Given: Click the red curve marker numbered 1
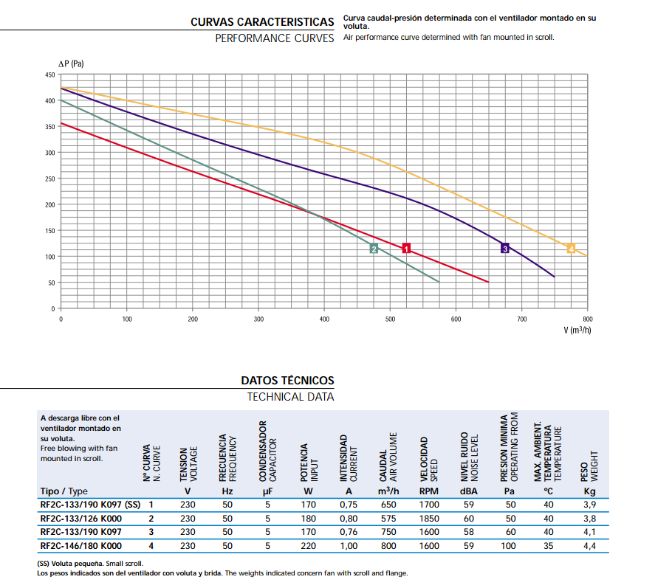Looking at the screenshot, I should coord(406,248).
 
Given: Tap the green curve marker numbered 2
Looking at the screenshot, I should coord(374,249).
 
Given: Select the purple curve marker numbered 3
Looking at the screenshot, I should coord(505,248).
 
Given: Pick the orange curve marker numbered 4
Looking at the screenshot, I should coord(571,248).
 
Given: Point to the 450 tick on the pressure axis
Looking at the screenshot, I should coord(50,75).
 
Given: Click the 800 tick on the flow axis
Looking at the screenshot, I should coord(588,319).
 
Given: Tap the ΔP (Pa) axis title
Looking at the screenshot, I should coord(72,64).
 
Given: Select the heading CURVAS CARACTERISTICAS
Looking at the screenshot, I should coord(262,22).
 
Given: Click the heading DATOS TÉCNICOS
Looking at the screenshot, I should coord(287,381).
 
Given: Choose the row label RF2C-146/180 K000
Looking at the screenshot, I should coord(80,546).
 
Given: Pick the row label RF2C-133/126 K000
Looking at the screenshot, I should coord(80,518).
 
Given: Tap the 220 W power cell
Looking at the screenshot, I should coord(308,546).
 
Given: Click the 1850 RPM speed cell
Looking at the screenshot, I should coord(429,518).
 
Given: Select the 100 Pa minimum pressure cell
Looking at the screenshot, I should coord(509,546).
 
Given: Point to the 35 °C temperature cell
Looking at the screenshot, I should coord(548,546).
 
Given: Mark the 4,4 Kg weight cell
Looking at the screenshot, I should coord(589,546).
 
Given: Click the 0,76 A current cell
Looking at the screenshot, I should coord(349,532).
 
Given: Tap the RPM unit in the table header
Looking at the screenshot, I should coord(429,491).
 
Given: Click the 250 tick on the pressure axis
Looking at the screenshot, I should coord(50,179).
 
